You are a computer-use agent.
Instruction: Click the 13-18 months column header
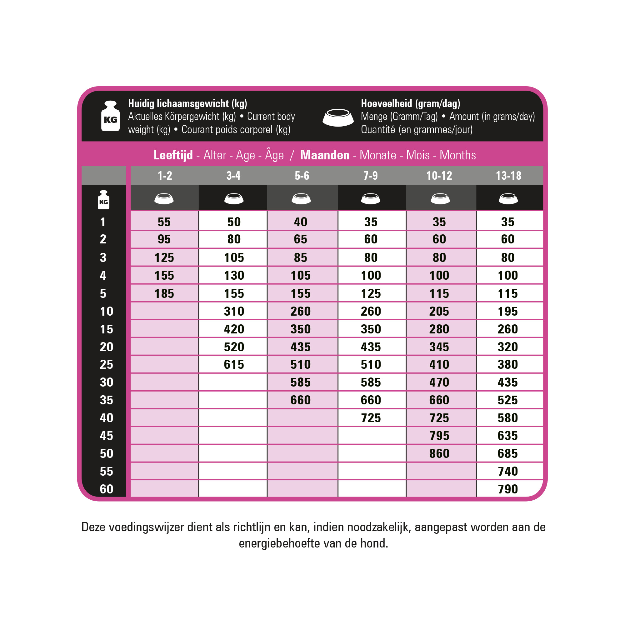point(508,176)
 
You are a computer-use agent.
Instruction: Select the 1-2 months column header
point(165,176)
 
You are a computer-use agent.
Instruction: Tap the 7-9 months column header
point(370,176)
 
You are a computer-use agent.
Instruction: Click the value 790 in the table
point(507,489)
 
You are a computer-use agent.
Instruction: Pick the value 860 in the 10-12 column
point(439,453)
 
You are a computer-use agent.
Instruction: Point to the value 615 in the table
point(234,365)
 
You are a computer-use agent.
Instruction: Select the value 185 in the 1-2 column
point(164,294)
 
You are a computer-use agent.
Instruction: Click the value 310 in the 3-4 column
point(234,312)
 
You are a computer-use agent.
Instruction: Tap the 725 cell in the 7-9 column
point(371,418)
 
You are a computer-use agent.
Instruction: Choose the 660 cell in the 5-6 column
point(301,400)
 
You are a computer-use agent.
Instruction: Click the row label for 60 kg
point(107,489)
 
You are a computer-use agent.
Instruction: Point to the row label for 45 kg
point(107,436)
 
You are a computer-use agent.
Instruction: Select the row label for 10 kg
point(107,312)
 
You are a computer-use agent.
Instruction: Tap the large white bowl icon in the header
point(338,117)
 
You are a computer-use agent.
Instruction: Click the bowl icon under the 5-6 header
point(301,198)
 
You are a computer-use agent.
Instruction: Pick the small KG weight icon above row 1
point(103,200)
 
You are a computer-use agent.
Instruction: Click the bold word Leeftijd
point(173,155)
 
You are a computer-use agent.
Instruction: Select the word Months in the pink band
point(457,155)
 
